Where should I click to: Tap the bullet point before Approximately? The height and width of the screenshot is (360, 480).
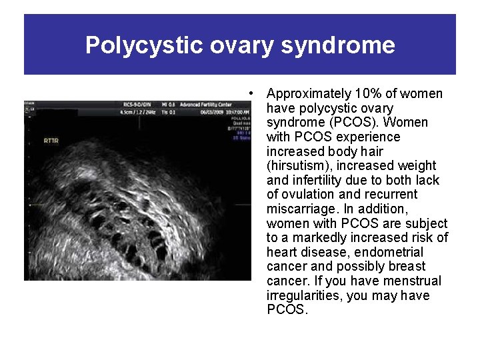click(249, 93)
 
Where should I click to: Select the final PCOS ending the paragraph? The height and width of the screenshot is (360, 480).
click(287, 310)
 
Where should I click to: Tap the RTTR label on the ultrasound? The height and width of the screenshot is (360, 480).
click(51, 141)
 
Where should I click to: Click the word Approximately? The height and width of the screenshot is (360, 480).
click(308, 93)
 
